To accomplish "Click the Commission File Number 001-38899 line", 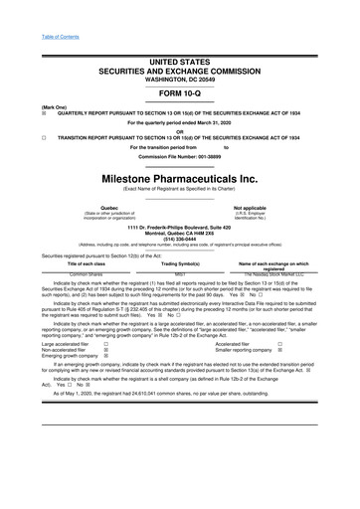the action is (x=180, y=158).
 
